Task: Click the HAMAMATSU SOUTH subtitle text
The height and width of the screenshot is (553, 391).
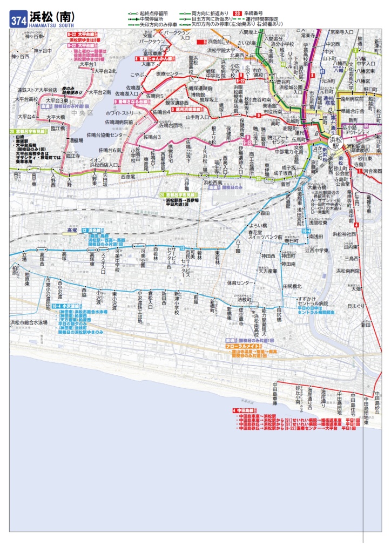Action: click(52, 25)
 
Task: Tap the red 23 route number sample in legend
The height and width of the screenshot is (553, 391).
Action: click(237, 12)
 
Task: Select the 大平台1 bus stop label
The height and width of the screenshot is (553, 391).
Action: click(88, 64)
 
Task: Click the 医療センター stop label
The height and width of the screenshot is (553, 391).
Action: click(169, 73)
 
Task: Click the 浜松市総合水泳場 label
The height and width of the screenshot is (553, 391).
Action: click(29, 322)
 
